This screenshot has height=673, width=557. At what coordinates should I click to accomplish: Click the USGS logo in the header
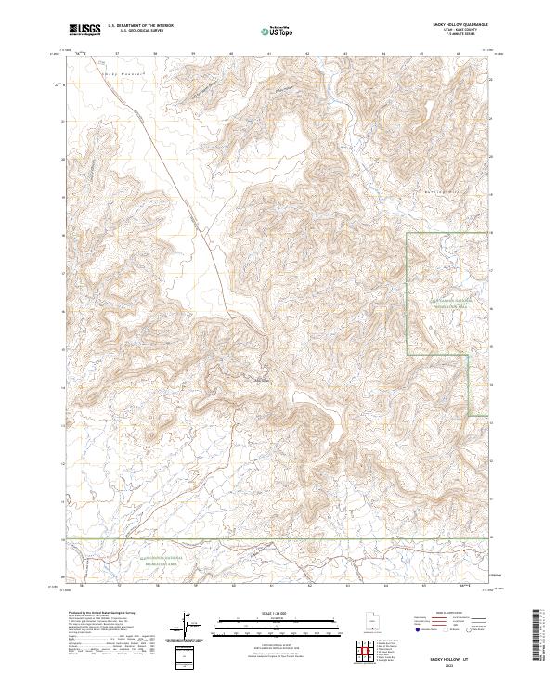coord(85,30)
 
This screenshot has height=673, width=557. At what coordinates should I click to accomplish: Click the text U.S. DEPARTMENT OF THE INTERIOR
coord(140,26)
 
